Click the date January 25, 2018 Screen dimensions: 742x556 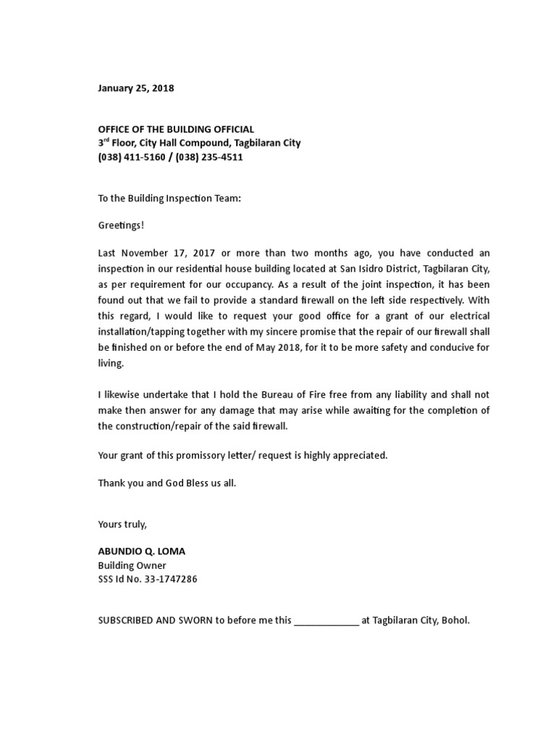[x=136, y=88]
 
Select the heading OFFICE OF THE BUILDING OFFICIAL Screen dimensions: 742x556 [x=176, y=129]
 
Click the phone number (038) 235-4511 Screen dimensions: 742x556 [x=209, y=157]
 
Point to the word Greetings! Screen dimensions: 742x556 [x=121, y=225]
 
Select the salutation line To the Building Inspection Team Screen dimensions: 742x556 [x=169, y=198]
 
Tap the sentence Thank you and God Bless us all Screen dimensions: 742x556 [x=167, y=483]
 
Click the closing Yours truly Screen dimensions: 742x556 [x=122, y=523]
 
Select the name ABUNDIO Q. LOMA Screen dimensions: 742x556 [x=141, y=551]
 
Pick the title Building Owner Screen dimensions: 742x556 [x=132, y=565]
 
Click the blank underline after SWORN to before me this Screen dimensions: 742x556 [x=326, y=621]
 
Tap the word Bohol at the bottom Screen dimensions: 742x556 [x=455, y=620]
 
